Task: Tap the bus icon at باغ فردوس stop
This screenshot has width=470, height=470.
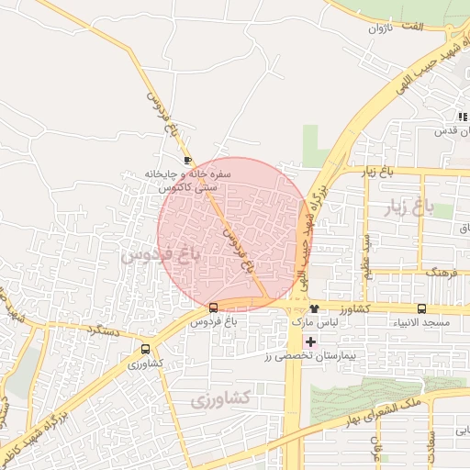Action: coord(214,308)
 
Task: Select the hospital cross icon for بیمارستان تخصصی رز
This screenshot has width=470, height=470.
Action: coord(311,341)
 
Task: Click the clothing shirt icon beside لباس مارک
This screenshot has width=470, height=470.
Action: coord(315,308)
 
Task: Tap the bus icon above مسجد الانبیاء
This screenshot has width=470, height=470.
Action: coord(422,308)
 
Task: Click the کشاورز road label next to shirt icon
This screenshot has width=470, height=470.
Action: coord(346,309)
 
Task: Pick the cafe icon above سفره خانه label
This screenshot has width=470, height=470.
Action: coord(188,159)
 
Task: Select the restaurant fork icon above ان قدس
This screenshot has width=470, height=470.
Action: coord(462,117)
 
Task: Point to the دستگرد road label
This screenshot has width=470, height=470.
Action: coord(104,328)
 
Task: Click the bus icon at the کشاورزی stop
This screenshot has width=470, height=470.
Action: coord(146,349)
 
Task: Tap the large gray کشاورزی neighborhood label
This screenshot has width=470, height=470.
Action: coord(221,400)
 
